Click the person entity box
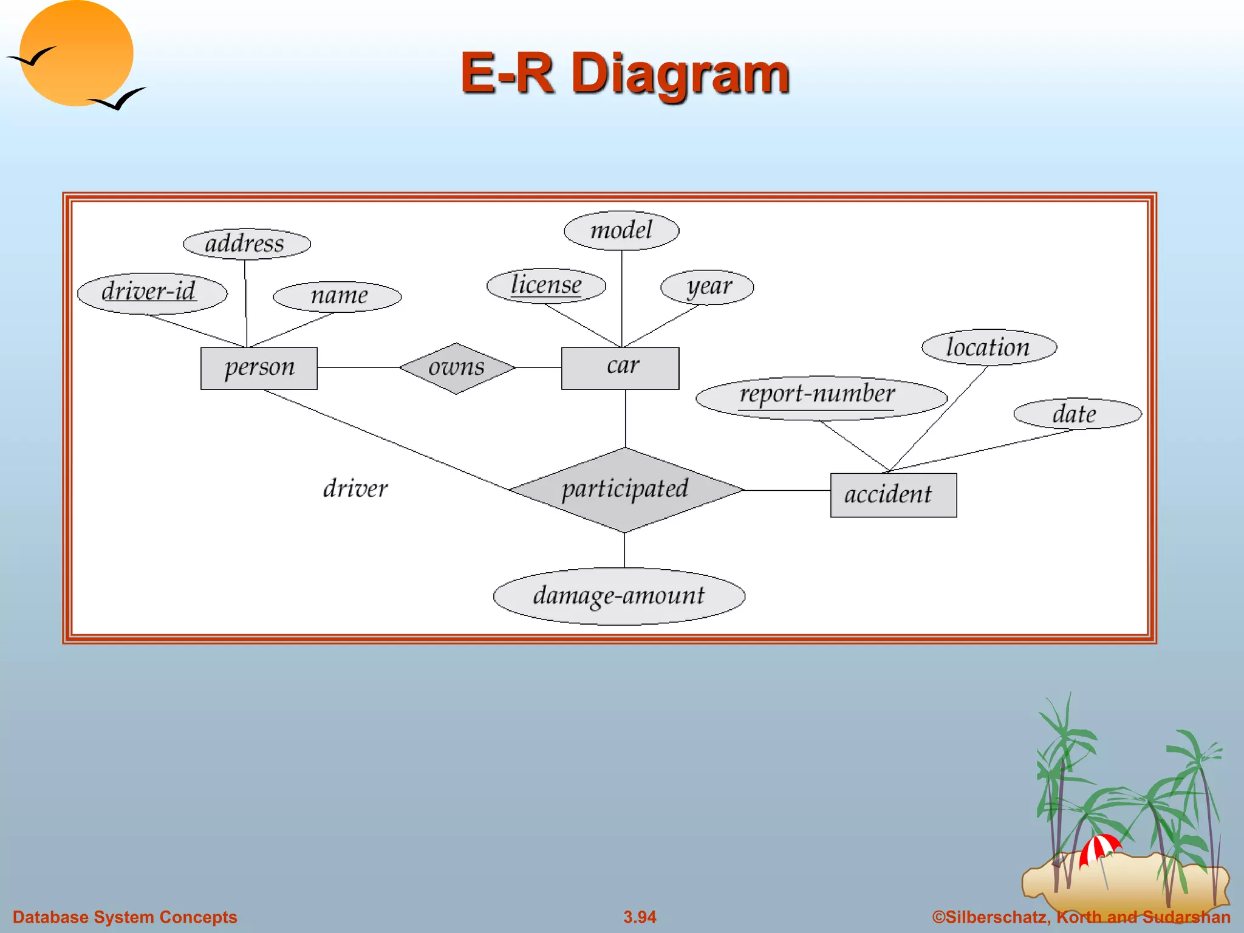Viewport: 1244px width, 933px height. point(259,368)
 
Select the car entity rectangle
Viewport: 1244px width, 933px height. point(620,368)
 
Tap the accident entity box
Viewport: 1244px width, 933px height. point(893,495)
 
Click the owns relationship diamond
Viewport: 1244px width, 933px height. point(457,368)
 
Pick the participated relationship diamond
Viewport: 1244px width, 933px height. point(626,490)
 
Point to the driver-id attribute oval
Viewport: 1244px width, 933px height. point(152,293)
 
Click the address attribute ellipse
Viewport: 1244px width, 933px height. point(247,244)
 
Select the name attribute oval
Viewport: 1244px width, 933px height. point(337,296)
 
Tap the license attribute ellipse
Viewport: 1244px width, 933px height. point(546,285)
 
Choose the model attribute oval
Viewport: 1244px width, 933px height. point(621,230)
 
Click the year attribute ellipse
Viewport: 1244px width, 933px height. point(707,287)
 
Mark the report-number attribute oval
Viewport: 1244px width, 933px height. point(821,397)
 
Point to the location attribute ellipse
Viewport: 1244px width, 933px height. point(989,347)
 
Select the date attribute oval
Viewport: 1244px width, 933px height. point(1077,414)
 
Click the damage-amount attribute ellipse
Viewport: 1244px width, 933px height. point(619,596)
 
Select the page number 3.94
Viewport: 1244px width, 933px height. point(640,917)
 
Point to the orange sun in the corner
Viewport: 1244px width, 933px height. point(76,53)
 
